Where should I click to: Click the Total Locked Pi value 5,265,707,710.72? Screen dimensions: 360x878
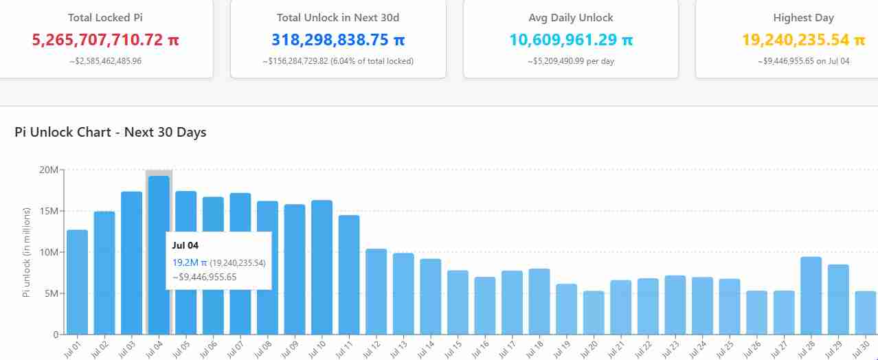105,40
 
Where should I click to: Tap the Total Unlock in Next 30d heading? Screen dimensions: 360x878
337,18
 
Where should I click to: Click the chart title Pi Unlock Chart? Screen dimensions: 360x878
110,132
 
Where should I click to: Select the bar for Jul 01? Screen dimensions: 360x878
77,282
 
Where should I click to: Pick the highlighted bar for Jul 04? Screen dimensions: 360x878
159,206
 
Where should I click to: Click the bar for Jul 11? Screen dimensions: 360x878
349,275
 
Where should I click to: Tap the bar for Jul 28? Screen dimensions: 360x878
811,295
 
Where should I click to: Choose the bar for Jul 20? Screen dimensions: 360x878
594,313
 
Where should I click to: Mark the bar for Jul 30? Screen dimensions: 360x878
866,313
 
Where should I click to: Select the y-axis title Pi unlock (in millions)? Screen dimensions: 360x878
27,251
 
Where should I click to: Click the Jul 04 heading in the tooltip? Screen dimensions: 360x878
185,245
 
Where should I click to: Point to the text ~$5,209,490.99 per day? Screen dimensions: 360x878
571,61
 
